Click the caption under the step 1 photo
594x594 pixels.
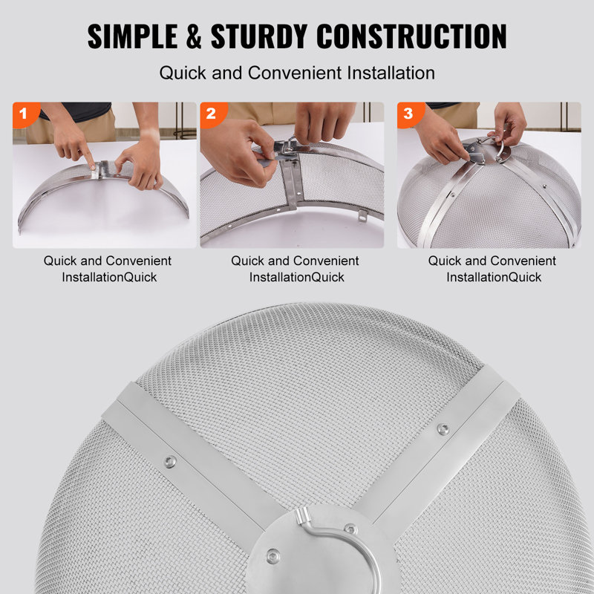click(x=107, y=269)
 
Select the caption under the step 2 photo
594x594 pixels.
click(x=295, y=269)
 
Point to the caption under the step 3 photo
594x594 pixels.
click(x=492, y=269)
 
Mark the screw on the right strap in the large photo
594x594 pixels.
click(x=443, y=428)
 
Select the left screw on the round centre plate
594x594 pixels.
click(x=273, y=553)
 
